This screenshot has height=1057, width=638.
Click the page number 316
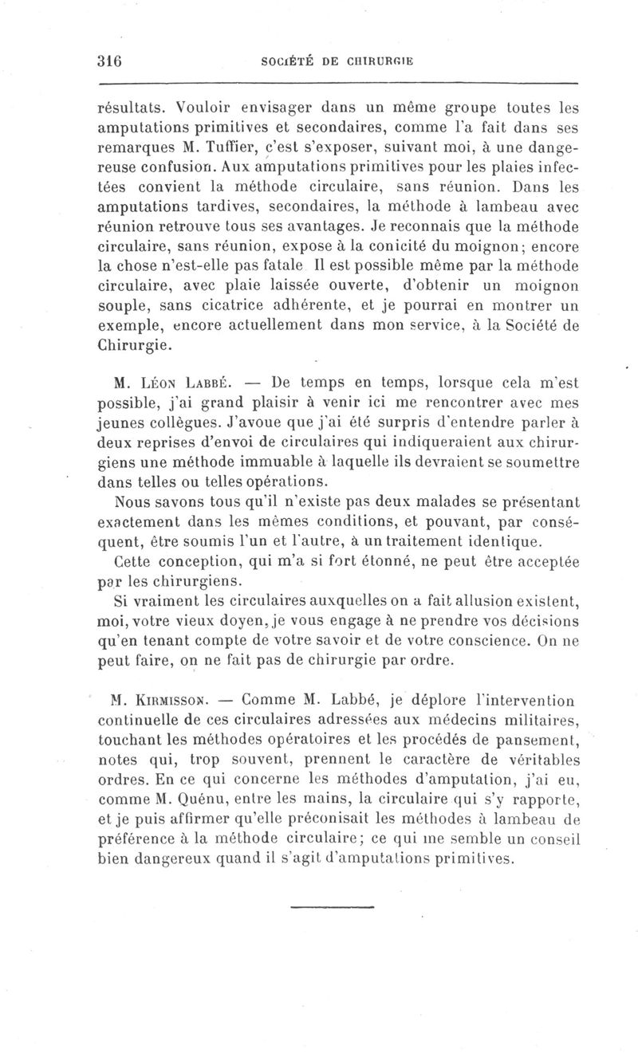pos(107,61)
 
